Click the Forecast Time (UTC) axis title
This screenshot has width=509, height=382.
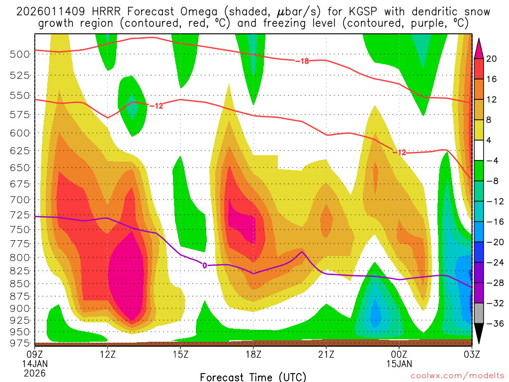253,377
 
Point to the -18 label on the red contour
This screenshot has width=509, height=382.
302,61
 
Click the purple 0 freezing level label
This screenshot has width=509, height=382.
204,266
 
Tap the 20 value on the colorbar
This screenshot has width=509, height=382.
492,59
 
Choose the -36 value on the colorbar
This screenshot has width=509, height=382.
492,324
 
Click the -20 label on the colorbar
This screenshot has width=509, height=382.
492,242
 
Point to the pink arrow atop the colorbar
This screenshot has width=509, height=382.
479,48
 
